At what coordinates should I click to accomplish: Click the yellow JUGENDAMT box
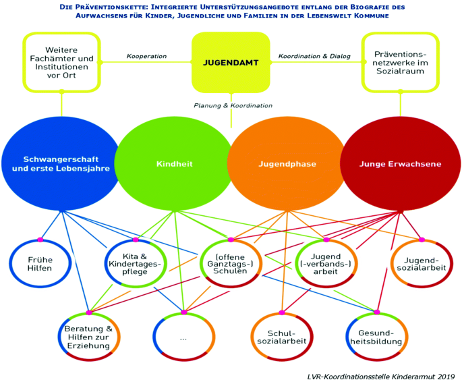[231, 62]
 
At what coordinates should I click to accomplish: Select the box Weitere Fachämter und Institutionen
[61, 62]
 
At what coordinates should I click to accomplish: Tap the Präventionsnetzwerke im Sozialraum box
[401, 62]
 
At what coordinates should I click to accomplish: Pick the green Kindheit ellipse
[175, 163]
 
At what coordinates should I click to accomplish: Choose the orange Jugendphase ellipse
[287, 163]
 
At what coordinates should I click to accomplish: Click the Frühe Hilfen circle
[40, 263]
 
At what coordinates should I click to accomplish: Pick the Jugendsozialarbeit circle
[421, 263]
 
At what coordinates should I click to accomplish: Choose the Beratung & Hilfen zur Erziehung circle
[88, 336]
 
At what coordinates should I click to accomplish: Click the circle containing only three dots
[183, 336]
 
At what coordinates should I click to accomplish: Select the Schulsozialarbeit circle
[280, 336]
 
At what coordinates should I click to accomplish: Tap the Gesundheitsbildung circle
[376, 336]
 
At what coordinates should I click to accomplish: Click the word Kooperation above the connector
[146, 56]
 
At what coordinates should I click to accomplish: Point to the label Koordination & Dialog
[315, 56]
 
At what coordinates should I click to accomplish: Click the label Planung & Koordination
[233, 105]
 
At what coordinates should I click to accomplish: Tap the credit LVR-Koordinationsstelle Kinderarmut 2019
[378, 375]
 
